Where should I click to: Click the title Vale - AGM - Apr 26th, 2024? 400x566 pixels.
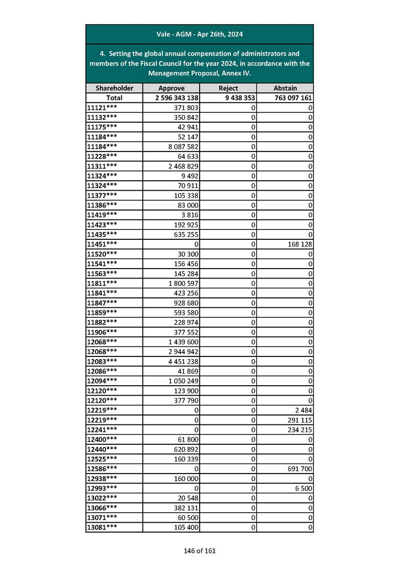pos(199,34)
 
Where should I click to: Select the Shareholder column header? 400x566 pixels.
pos(114,88)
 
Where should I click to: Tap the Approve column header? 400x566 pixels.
pos(171,88)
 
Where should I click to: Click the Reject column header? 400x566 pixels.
pos(228,88)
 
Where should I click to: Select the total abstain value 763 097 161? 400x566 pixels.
pos(292,98)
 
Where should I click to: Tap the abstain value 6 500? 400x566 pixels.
pos(303,489)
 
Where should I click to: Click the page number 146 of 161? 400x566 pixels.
pos(199,551)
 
